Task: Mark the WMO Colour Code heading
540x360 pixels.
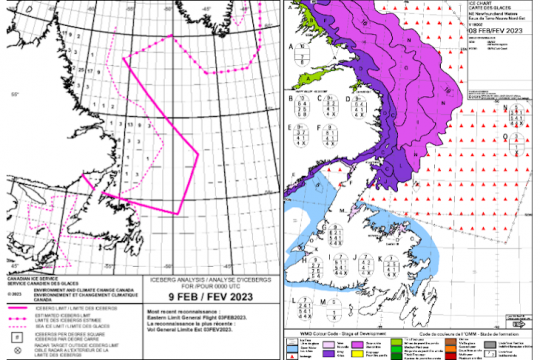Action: point(325,332)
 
